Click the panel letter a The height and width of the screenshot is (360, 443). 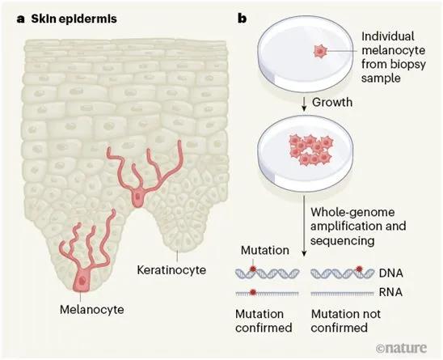click(x=20, y=19)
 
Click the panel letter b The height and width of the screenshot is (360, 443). click(x=243, y=19)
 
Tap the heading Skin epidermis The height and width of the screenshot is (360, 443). click(x=74, y=19)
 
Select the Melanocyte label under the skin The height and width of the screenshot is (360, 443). click(x=92, y=309)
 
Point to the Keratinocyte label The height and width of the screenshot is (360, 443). click(x=171, y=270)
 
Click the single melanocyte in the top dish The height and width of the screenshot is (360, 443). click(x=320, y=51)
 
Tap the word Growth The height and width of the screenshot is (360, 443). click(x=332, y=102)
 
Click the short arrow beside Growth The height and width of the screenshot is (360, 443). click(x=304, y=104)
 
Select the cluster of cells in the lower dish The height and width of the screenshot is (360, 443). click(x=310, y=150)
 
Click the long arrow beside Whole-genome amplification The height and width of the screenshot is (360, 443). click(x=304, y=226)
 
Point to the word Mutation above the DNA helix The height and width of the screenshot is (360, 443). click(x=265, y=250)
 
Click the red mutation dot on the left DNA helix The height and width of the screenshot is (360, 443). click(x=253, y=269)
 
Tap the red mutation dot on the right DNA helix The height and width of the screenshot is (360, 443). click(x=359, y=269)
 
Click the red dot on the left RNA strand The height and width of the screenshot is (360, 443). click(x=253, y=292)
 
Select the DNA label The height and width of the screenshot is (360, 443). click(x=390, y=273)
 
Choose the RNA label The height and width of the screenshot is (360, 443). click(x=390, y=292)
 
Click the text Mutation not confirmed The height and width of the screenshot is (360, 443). click(x=345, y=320)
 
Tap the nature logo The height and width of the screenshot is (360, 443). click(x=401, y=348)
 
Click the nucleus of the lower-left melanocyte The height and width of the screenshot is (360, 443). click(x=82, y=281)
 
